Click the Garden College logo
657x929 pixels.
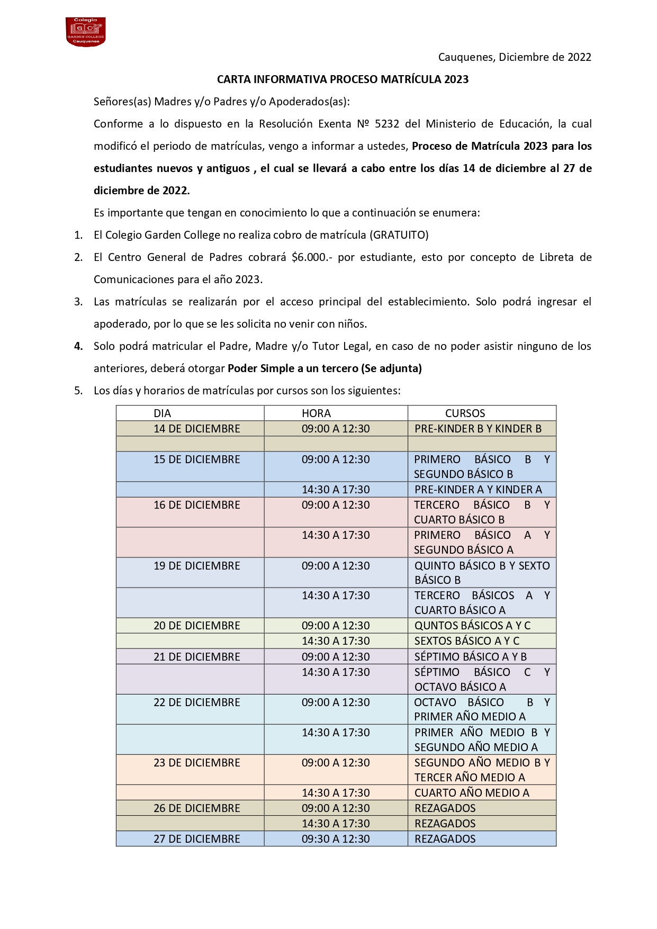(85, 32)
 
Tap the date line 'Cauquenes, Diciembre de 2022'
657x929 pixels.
(514, 57)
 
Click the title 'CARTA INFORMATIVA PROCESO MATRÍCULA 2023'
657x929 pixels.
(343, 79)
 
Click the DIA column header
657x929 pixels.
(163, 413)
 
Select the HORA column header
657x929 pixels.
(316, 413)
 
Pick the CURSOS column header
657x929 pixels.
(465, 413)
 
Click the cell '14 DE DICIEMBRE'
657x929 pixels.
(197, 429)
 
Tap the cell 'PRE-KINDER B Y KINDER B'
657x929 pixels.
(478, 429)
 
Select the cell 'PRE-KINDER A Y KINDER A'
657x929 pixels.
(478, 490)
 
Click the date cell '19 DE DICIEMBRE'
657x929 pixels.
(197, 566)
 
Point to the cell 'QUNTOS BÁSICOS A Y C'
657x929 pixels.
(472, 626)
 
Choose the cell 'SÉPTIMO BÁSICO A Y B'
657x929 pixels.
(470, 657)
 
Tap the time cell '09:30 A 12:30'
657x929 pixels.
(336, 839)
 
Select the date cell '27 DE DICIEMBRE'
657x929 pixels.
(197, 839)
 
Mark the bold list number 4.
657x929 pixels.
(78, 346)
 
